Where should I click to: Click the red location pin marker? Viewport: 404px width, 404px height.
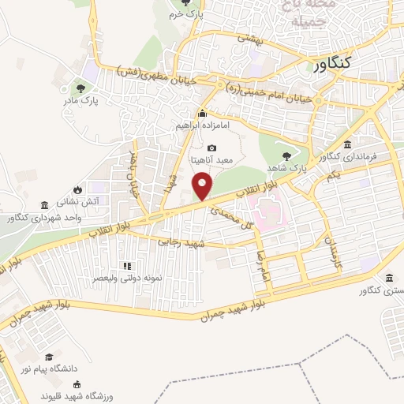204,186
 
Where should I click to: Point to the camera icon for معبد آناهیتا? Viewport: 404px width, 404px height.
211,148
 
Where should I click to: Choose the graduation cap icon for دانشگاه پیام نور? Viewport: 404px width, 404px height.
49,357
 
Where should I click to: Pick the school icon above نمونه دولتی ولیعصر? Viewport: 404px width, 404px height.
125,265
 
